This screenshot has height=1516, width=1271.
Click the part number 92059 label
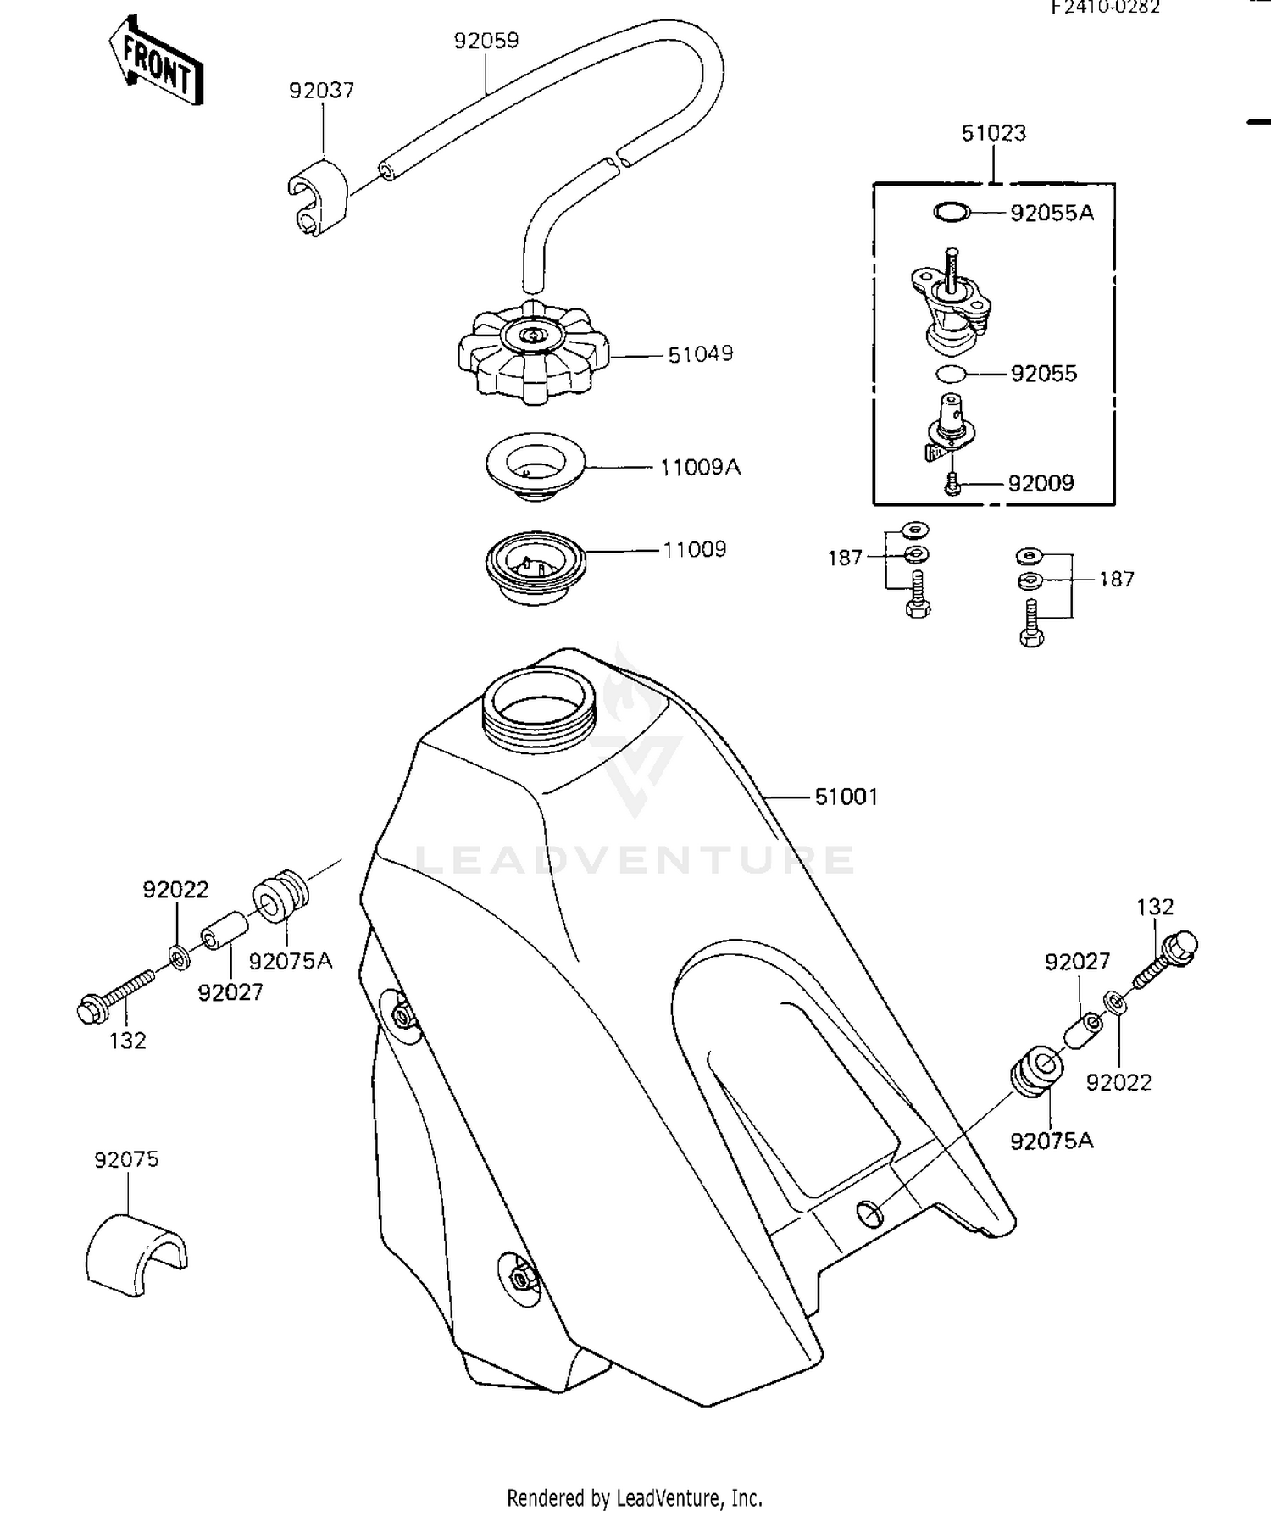click(x=486, y=41)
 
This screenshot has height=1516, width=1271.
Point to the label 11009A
click(x=701, y=467)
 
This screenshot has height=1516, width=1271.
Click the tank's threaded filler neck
click(x=539, y=710)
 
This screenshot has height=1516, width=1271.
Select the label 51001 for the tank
click(x=846, y=797)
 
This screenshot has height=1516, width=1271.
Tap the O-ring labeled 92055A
click(x=952, y=212)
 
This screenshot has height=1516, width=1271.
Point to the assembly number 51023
click(x=993, y=133)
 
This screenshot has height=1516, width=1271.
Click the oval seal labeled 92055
click(x=952, y=373)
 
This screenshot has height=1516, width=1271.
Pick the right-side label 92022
click(x=1118, y=1082)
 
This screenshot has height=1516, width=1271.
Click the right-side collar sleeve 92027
click(x=1084, y=1032)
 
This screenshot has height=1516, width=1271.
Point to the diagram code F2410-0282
click(x=1105, y=8)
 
